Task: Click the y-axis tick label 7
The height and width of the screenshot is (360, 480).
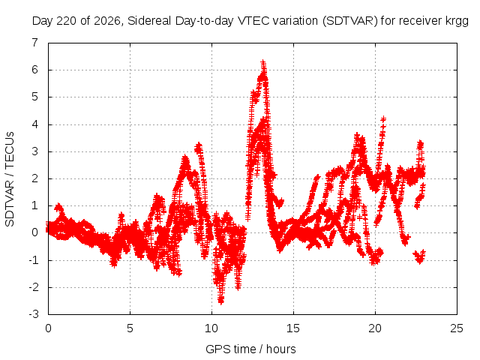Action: tap(35, 43)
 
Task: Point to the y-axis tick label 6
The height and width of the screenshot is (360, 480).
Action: tap(35, 70)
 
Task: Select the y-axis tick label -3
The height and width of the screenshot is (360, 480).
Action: tap(33, 314)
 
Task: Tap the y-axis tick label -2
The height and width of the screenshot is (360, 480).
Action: tap(33, 287)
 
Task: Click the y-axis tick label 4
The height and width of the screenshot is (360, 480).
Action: tap(35, 124)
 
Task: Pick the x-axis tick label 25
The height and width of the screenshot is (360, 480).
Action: tap(457, 328)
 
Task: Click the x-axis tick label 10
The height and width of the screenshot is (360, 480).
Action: tap(211, 328)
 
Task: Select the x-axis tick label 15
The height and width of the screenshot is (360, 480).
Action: tap(293, 328)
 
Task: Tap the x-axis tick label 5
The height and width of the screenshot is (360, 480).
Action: tap(130, 328)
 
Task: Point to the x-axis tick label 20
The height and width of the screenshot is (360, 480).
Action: tap(375, 328)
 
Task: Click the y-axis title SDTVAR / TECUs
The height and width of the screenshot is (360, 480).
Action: tap(10, 179)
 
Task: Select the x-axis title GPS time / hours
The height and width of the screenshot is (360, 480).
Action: tap(250, 349)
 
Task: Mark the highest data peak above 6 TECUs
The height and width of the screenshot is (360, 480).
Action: tap(263, 63)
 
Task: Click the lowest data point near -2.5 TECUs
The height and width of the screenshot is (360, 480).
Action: tap(220, 301)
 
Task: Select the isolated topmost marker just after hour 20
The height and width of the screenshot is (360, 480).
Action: tap(383, 119)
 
